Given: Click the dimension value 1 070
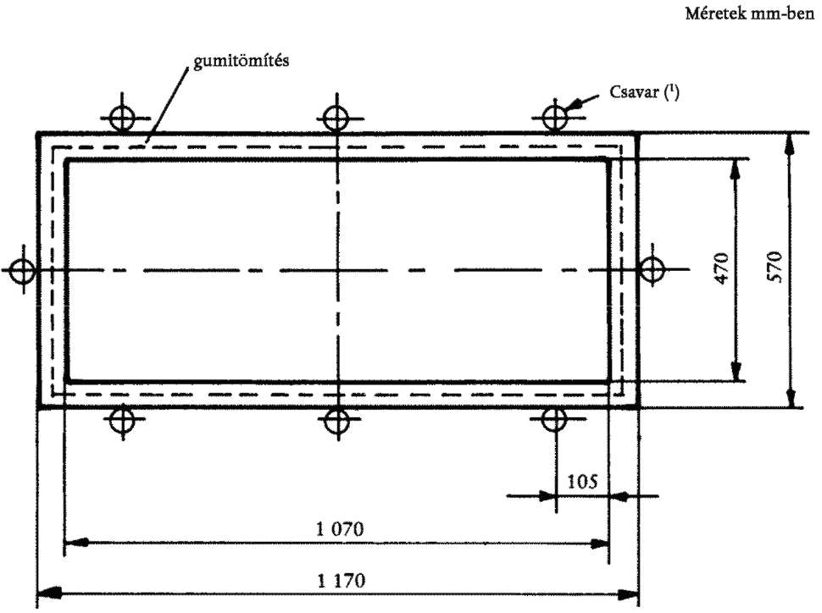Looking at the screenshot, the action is tap(340, 528).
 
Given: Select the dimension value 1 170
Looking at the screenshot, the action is tap(342, 581).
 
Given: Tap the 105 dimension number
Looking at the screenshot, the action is tap(582, 481).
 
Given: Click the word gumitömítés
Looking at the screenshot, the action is tap(242, 61).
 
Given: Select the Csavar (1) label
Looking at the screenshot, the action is tap(644, 92).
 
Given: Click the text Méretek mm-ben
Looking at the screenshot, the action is tap(750, 14).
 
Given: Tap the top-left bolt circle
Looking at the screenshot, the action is tap(122, 118).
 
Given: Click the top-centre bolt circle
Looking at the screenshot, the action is tap(336, 118).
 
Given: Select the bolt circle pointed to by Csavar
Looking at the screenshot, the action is tap(555, 117).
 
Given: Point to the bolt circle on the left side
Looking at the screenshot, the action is tap(23, 271).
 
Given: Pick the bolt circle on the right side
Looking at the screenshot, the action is tap(653, 270).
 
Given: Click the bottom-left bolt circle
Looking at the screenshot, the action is tap(122, 418).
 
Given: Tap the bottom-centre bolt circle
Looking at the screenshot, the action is tap(336, 420).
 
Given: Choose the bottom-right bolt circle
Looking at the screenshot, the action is tap(553, 419).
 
